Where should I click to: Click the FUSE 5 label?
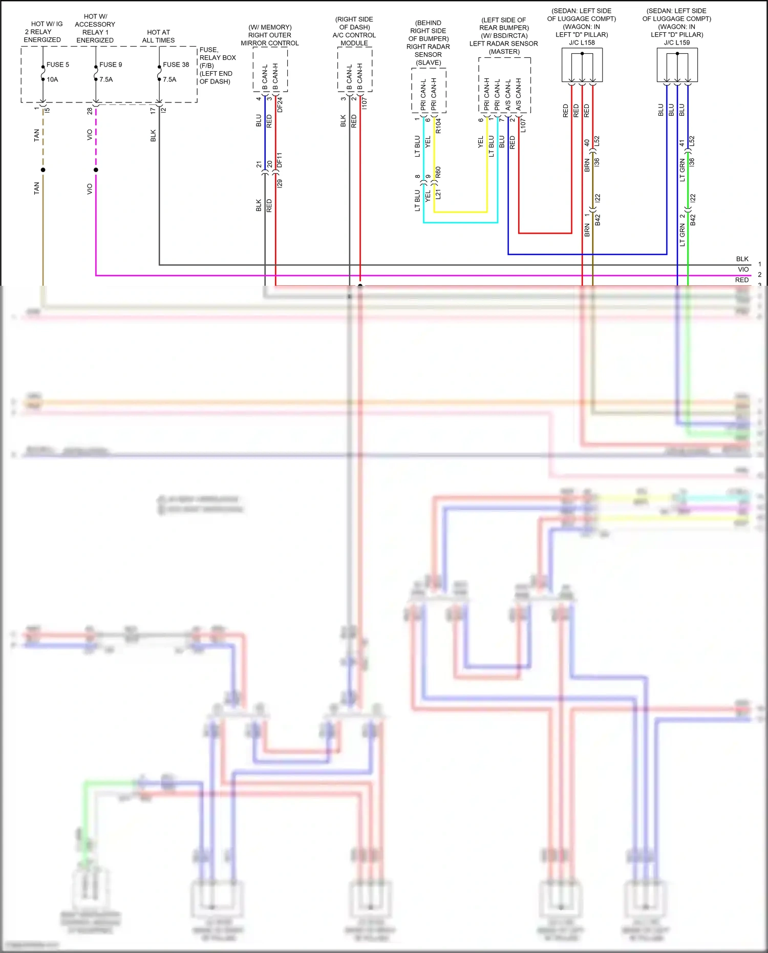pos(57,65)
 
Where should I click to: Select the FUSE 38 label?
pos(176,65)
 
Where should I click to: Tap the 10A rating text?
pos(52,79)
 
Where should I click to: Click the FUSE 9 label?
pos(111,65)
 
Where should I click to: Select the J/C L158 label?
pos(582,43)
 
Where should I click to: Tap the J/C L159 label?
pos(676,43)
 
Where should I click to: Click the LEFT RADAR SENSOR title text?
pos(504,44)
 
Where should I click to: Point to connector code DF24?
pos(280,105)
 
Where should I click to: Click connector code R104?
pos(438,126)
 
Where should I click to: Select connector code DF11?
pos(280,160)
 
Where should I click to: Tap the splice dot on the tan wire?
pos(43,170)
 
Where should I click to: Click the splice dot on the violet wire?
pos(96,170)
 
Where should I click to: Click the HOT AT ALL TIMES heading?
pos(158,36)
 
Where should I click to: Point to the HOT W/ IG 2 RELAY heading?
pos(43,32)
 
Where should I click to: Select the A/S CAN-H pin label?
pos(519,94)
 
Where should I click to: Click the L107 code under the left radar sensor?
pos(523,126)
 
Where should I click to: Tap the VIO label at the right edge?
pos(743,269)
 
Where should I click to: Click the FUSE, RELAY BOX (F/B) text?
pos(217,57)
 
